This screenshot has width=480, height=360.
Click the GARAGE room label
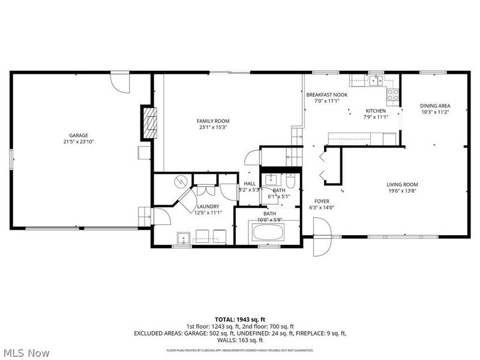coord(78,136)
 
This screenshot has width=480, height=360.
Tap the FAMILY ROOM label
coord(214,121)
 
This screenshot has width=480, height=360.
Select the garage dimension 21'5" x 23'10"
coord(78,142)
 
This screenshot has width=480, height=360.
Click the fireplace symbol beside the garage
coord(149,120)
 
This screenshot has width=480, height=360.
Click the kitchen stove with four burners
coord(394,94)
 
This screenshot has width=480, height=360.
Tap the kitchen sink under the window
coord(376,82)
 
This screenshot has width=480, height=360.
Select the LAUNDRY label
coord(208,206)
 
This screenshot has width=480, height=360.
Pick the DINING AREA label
coord(434,106)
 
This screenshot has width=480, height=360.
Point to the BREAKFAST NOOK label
coord(327,95)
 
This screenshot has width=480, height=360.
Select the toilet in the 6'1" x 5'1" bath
coord(290,181)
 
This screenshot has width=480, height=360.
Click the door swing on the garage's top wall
coord(119,83)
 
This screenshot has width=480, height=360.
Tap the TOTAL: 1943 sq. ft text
coord(239,319)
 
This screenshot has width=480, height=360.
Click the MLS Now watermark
coord(26,353)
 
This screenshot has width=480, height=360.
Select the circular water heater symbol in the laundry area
coord(180,181)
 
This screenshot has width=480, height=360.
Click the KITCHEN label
coord(376,111)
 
